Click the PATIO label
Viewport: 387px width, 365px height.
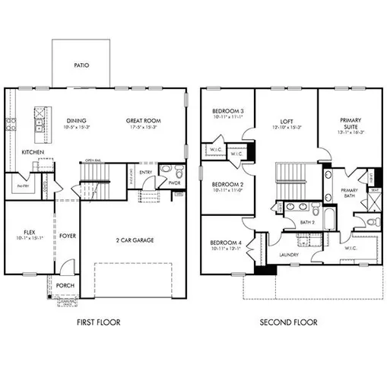(x=81, y=65)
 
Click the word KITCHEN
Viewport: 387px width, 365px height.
(x=33, y=152)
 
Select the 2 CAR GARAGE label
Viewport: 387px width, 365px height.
(x=134, y=240)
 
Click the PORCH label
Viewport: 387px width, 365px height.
(x=65, y=286)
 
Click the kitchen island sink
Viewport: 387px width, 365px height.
(x=37, y=119)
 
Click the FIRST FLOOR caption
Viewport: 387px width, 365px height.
(x=99, y=322)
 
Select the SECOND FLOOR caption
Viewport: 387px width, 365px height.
(x=289, y=322)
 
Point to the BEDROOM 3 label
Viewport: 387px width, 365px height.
(x=227, y=111)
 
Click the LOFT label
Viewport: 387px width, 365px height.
(x=287, y=120)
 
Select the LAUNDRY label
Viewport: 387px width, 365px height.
(x=289, y=255)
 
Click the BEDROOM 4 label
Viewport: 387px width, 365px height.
(x=227, y=243)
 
